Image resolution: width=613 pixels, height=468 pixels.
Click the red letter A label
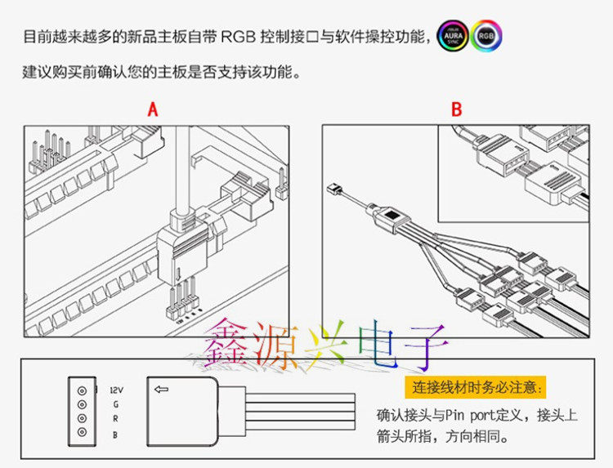click(152, 110)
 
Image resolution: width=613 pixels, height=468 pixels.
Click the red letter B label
click(457, 110)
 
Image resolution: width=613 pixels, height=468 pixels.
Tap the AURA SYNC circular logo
click(454, 37)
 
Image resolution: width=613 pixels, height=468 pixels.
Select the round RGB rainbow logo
click(487, 37)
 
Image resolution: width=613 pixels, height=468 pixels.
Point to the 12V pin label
click(115, 390)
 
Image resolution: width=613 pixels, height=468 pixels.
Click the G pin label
click(115, 404)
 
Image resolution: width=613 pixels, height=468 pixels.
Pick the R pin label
click(115, 419)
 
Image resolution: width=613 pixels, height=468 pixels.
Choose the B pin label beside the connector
click(115, 435)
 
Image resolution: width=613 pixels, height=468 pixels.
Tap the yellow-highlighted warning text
click(477, 386)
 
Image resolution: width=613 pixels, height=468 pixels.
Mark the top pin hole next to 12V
click(82, 390)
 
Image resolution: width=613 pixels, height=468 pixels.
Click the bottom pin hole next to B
click(82, 434)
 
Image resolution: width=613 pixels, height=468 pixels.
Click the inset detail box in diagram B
click(513, 173)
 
